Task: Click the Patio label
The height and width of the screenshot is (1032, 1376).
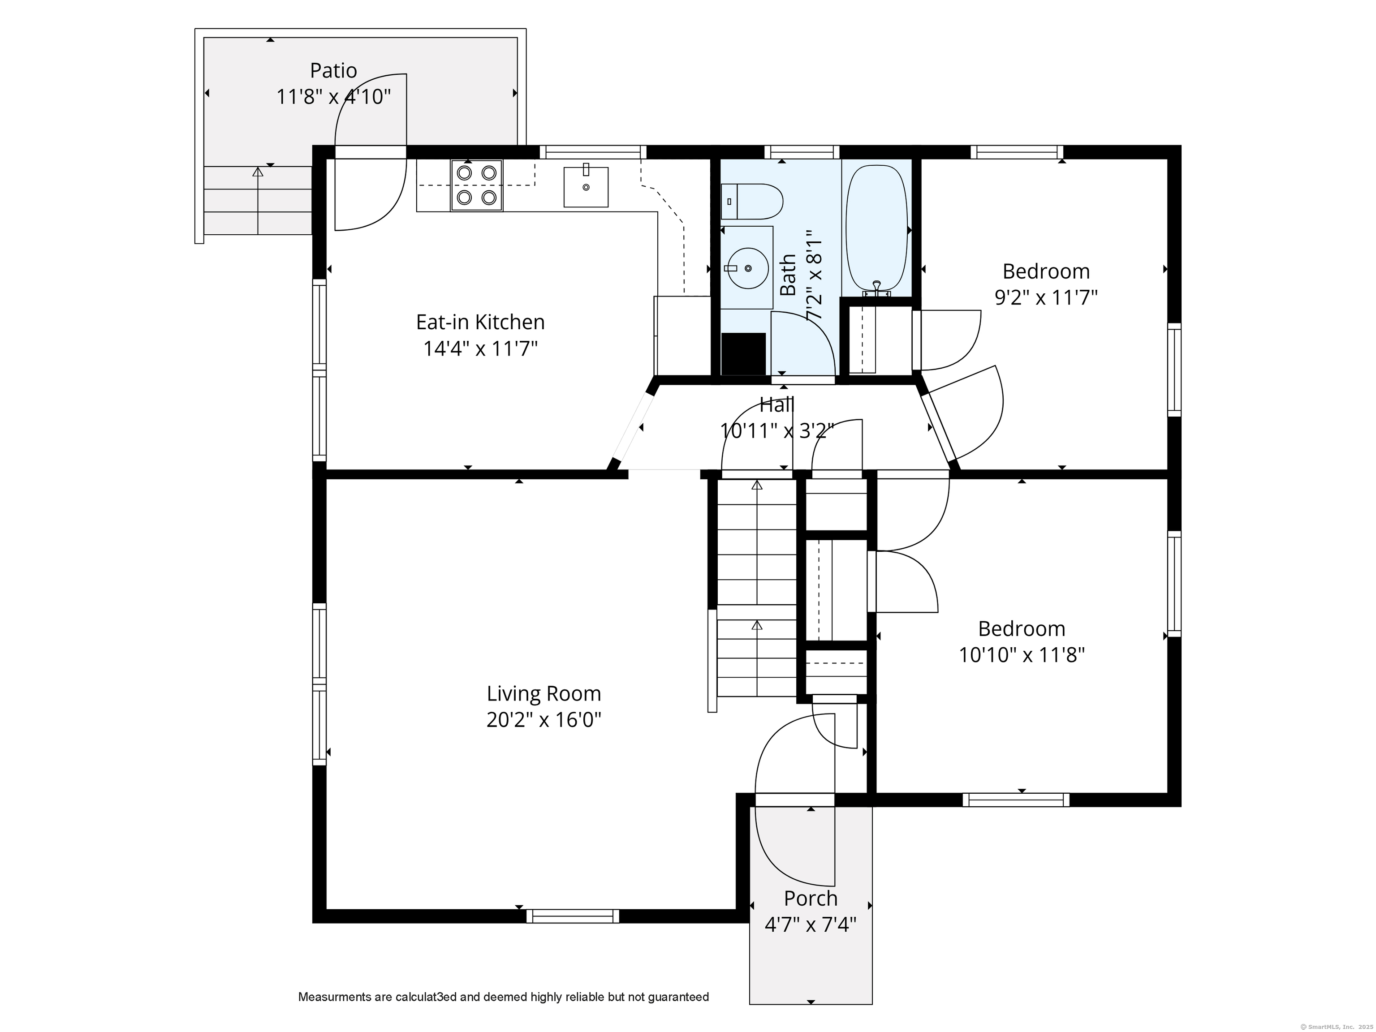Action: (333, 70)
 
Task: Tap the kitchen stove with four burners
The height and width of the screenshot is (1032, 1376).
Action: (476, 185)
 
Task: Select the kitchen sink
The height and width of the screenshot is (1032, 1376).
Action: (586, 186)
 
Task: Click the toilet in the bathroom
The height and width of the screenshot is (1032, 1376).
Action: (751, 202)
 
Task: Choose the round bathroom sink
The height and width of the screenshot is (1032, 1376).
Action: (747, 268)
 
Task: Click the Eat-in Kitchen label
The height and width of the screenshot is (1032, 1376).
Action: (480, 322)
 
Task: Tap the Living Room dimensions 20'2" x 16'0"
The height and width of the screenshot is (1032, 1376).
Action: (543, 720)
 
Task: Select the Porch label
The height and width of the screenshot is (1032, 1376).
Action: (811, 899)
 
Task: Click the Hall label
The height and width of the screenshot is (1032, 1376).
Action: (777, 405)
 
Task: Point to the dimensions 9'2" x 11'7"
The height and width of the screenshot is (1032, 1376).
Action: (1046, 298)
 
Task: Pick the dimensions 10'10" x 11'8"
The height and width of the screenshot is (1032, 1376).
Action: (1022, 655)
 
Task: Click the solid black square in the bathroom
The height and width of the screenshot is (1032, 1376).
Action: (743, 354)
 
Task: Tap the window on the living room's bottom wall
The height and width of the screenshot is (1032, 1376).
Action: (573, 916)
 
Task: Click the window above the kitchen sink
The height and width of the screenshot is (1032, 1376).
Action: (593, 152)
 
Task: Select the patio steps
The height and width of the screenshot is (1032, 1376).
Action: (258, 200)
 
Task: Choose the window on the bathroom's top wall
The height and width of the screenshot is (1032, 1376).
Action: (802, 152)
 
